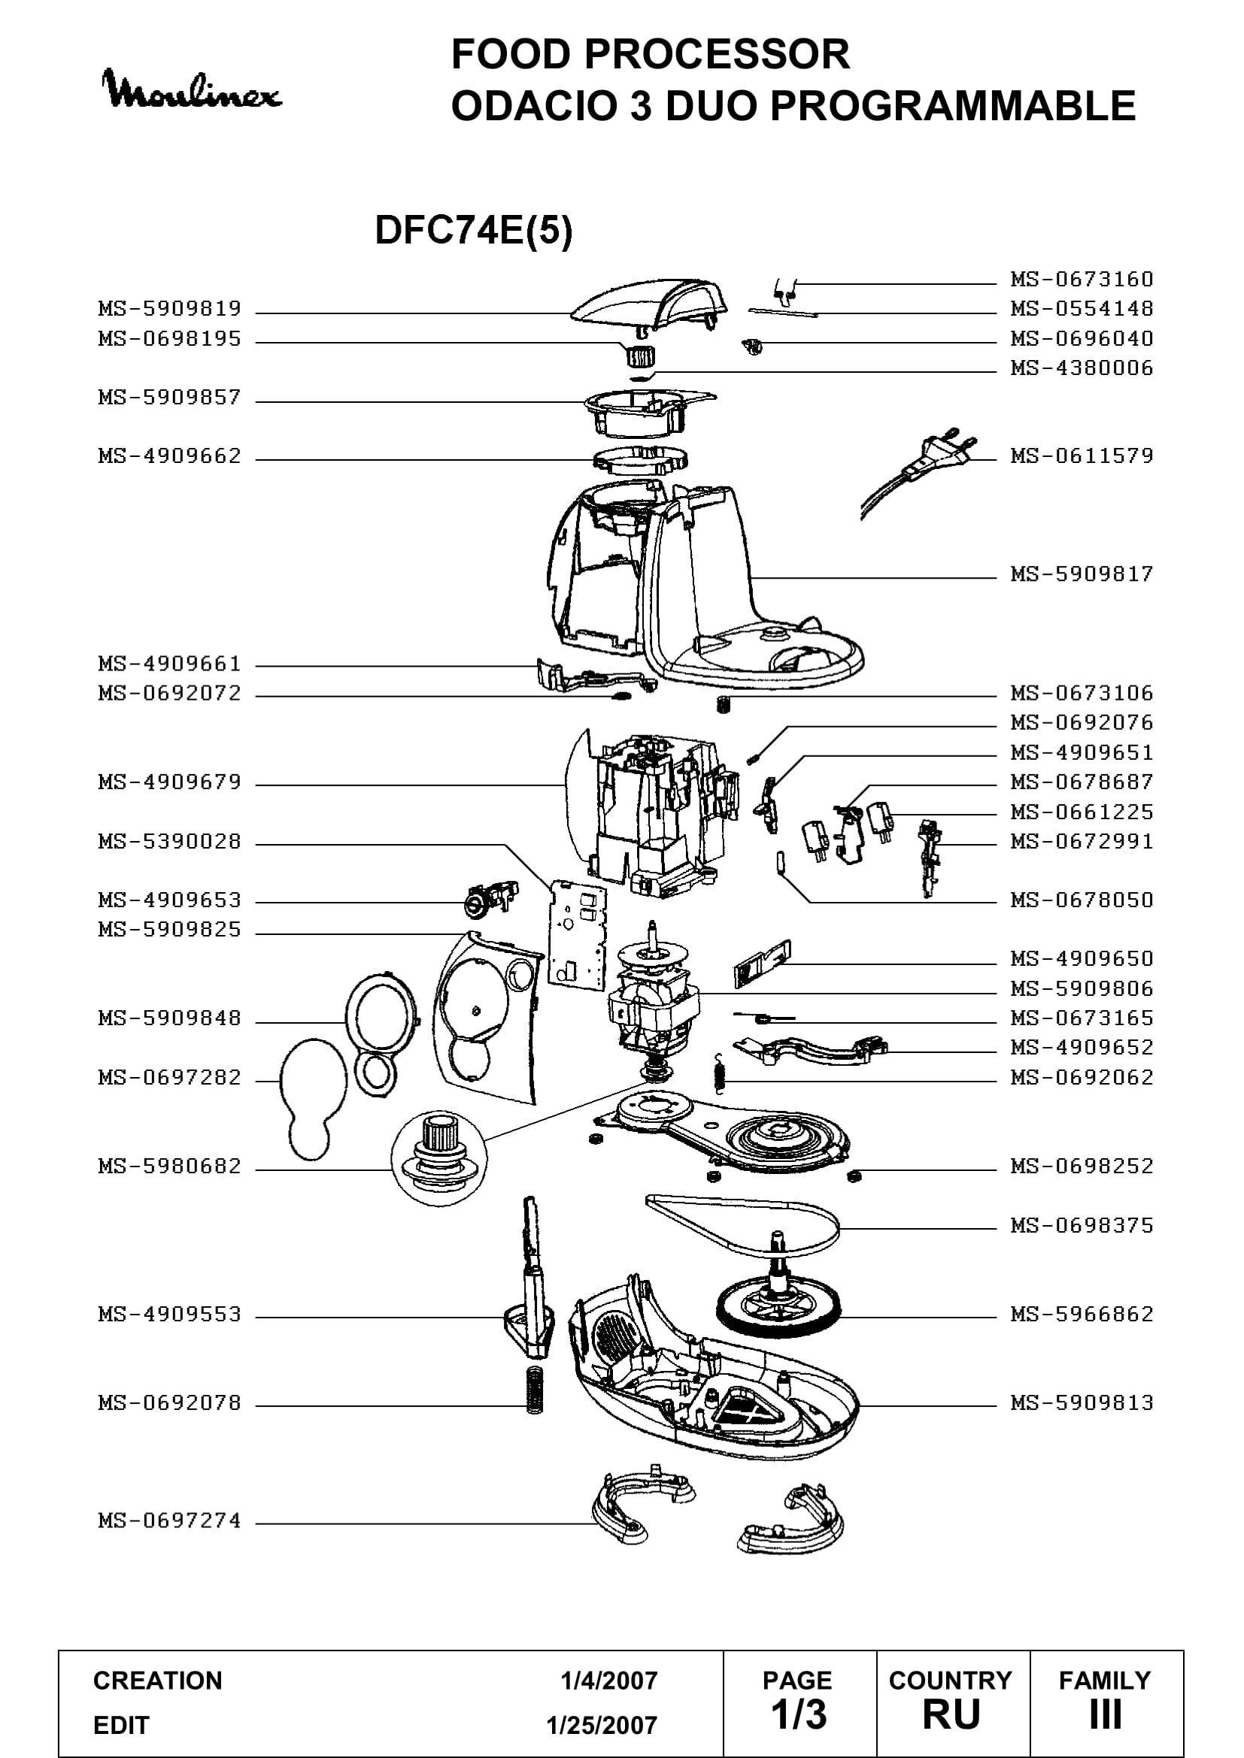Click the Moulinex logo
pyautogui.click(x=193, y=90)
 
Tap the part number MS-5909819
pyautogui.click(x=169, y=309)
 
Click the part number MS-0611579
pyautogui.click(x=1082, y=456)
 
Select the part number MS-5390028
pyautogui.click(x=169, y=842)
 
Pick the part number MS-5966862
pyautogui.click(x=1082, y=1315)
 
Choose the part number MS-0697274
pyautogui.click(x=169, y=1520)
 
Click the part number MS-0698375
pyautogui.click(x=1082, y=1226)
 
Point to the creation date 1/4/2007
pyautogui.click(x=609, y=1681)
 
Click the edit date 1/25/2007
pyautogui.click(x=602, y=1726)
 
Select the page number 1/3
pyautogui.click(x=799, y=1714)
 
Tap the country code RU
pyautogui.click(x=951, y=1715)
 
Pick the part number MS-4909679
pyautogui.click(x=169, y=782)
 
